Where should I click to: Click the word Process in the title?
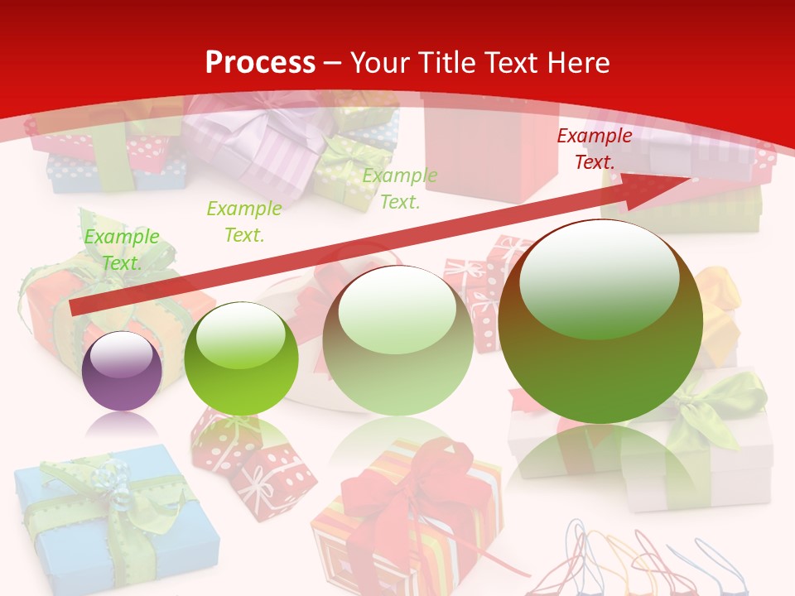pyautogui.click(x=260, y=62)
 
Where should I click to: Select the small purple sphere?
pyautogui.click(x=123, y=371)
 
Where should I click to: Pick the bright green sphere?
pyautogui.click(x=241, y=358)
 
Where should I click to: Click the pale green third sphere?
pyautogui.click(x=398, y=340)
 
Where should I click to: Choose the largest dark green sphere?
pyautogui.click(x=600, y=321)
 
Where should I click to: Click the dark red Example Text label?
pyautogui.click(x=594, y=149)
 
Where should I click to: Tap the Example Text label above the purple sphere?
pyautogui.click(x=122, y=250)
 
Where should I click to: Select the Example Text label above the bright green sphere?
pyautogui.click(x=243, y=222)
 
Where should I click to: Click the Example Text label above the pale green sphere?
pyautogui.click(x=400, y=189)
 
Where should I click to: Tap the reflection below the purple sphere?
pyautogui.click(x=123, y=426)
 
